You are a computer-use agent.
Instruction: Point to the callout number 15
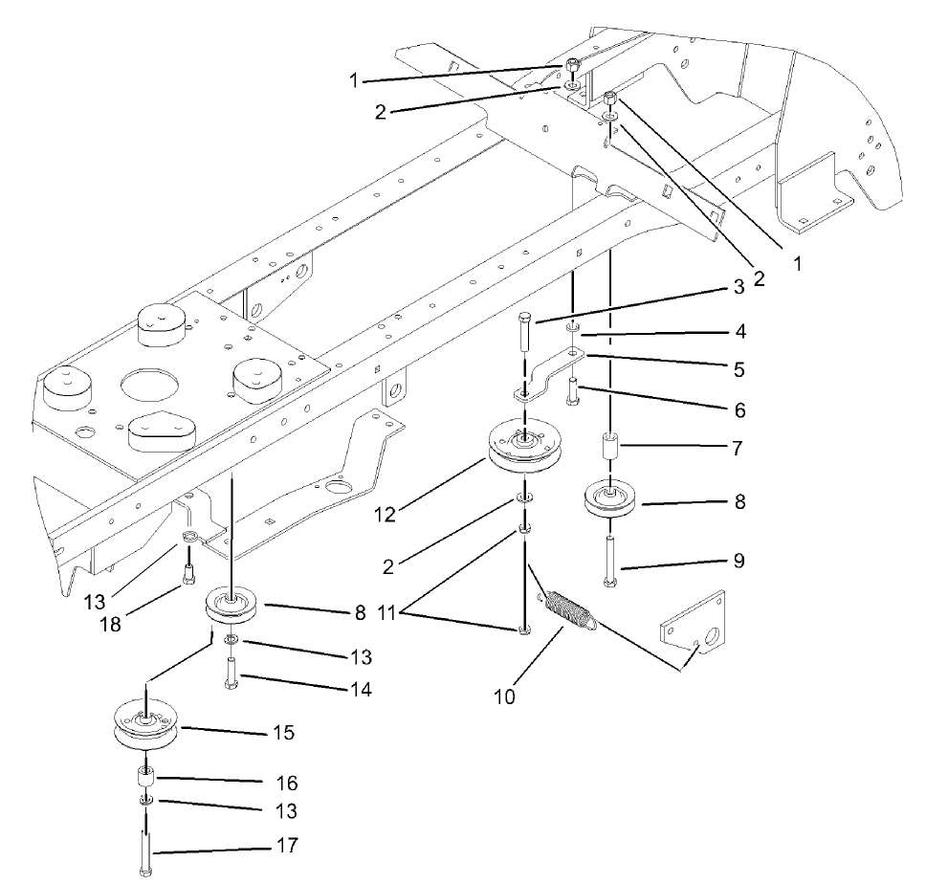(x=283, y=734)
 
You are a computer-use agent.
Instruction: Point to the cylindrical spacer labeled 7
(x=611, y=447)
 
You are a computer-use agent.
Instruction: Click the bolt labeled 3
(x=524, y=332)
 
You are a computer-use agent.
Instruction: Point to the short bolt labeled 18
(x=188, y=575)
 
